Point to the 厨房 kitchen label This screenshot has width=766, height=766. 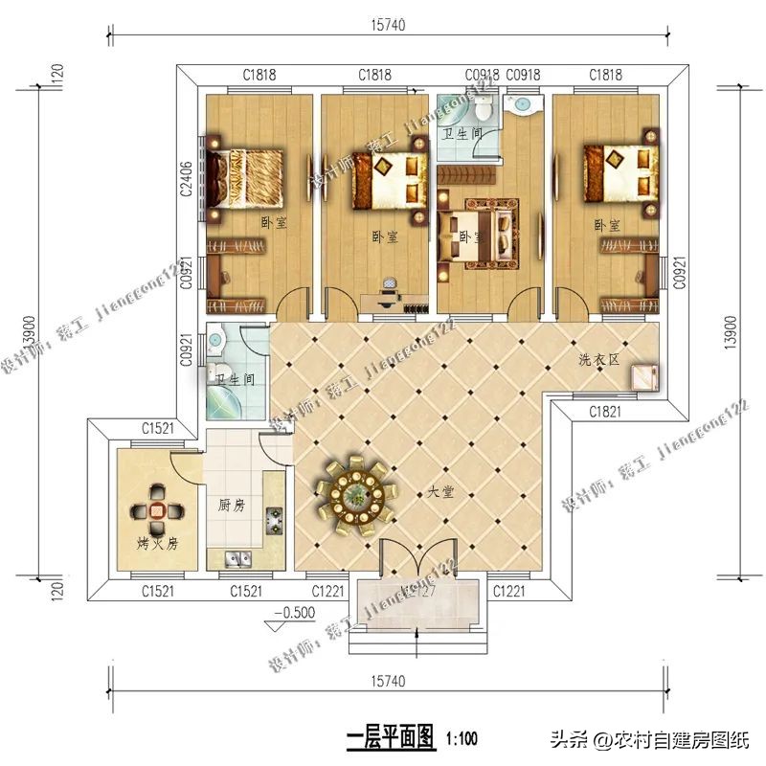coord(232,506)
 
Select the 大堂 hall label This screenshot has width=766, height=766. coord(440,492)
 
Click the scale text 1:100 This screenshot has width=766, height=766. coord(461,738)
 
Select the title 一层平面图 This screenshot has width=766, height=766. coord(391,737)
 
